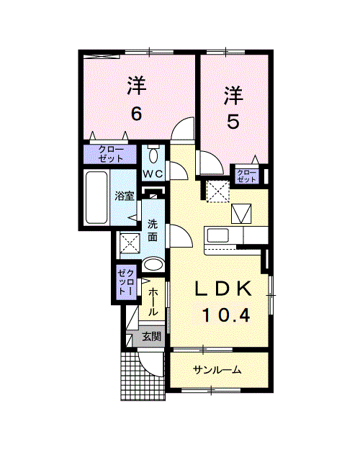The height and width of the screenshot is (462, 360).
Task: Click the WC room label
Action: (x=153, y=174)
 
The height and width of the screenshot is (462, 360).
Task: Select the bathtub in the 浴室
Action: (x=96, y=197)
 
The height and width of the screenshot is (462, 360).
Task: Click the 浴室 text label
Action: (x=125, y=196)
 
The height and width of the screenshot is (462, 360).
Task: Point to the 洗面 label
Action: (x=153, y=231)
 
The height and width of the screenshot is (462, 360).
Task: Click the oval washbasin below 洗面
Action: (x=153, y=265)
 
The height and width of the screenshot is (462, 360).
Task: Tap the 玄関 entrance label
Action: (x=152, y=336)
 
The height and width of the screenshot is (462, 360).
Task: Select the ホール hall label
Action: (x=153, y=302)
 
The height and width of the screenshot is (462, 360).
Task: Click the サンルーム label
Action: (x=217, y=370)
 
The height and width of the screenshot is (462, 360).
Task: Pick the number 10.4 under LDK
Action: (x=226, y=315)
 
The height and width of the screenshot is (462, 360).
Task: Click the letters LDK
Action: (x=224, y=289)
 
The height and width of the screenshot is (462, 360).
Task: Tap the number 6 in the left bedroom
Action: (x=136, y=114)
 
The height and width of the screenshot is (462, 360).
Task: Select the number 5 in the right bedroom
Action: (x=233, y=121)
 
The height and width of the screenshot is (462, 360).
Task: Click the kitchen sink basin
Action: (x=218, y=235)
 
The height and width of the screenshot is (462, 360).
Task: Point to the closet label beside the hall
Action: (x=126, y=282)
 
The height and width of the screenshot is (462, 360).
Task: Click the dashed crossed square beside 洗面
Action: (x=130, y=243)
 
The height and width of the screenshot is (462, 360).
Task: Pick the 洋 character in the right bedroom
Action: (x=233, y=95)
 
